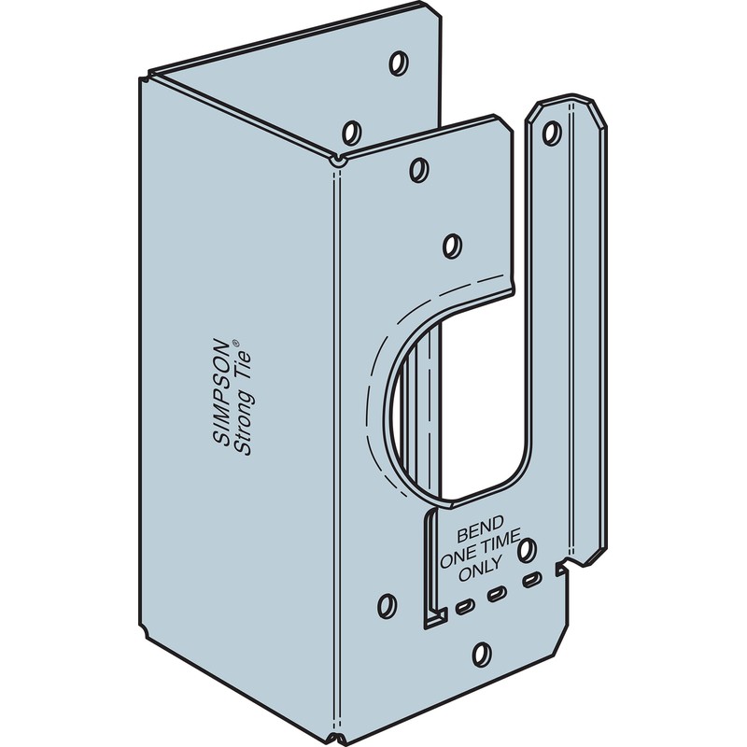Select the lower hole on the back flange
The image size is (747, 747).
pyautogui.click(x=353, y=130)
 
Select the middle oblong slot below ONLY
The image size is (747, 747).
pyautogui.click(x=498, y=594)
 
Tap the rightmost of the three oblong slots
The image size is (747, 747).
pyautogui.click(x=531, y=582)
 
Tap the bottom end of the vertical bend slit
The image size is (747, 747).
pyautogui.click(x=434, y=616)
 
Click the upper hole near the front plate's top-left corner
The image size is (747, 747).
pyautogui.click(x=419, y=169)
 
